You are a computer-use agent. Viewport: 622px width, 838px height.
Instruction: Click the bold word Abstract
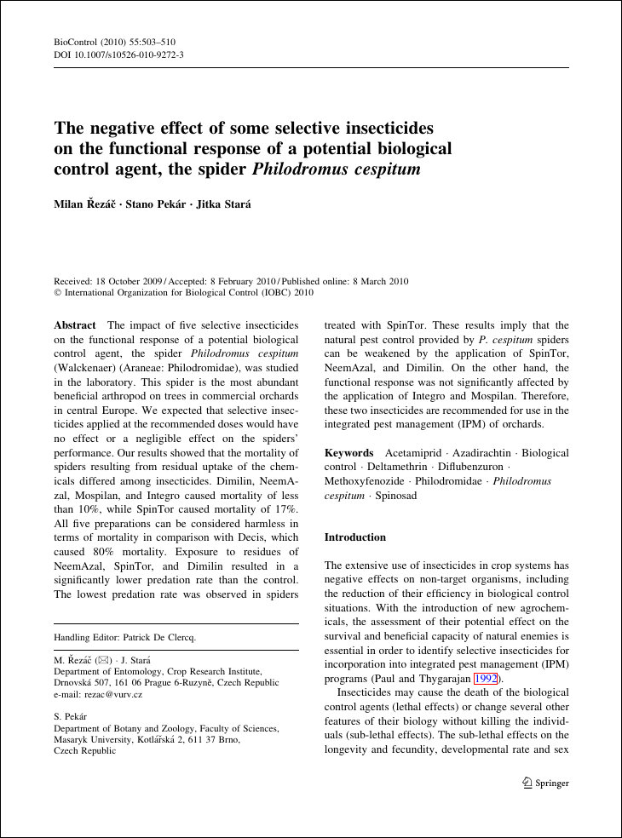coord(75,325)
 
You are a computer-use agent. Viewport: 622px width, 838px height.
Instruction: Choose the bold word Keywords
coord(348,453)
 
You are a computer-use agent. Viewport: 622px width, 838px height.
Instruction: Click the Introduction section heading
coord(355,537)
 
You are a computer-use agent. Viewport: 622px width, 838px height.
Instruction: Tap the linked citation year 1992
coord(485,679)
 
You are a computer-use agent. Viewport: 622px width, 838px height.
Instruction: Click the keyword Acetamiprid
coord(418,453)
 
